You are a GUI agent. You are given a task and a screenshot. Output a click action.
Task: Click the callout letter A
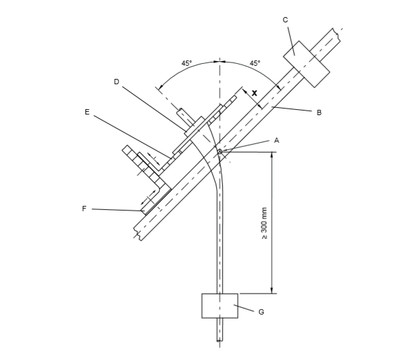pos(277,140)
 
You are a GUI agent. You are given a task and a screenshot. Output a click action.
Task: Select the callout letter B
pos(319,113)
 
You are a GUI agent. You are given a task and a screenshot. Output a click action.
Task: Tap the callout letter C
pos(285,20)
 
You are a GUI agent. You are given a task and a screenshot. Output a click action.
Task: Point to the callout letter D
pos(116,82)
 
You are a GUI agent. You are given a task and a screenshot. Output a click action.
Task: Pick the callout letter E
pos(87,112)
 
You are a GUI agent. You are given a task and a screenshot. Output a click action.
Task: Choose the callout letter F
pos(84,209)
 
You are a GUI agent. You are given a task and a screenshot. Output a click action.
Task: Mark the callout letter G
pos(261,312)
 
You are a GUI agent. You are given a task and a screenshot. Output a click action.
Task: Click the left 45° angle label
pos(187,63)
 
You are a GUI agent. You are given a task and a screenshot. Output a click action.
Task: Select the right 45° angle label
pos(255,63)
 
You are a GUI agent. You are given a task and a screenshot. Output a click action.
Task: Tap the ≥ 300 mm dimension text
pos(264,223)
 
